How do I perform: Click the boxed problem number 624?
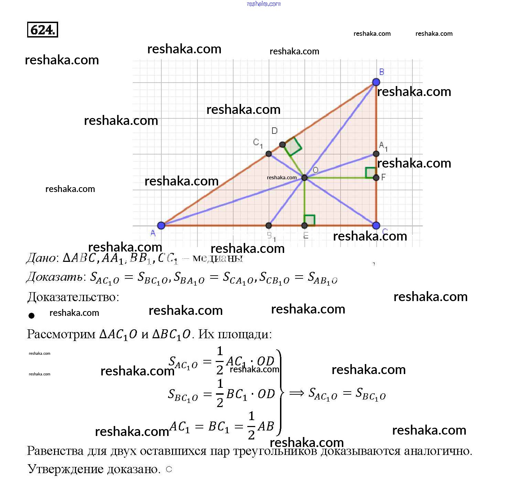click(x=43, y=30)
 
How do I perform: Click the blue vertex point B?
click(x=376, y=82)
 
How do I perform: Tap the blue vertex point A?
click(x=161, y=225)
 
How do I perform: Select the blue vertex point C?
click(x=376, y=225)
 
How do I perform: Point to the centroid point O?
click(x=304, y=178)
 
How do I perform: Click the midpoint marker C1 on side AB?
click(x=269, y=154)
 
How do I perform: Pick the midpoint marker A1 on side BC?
click(x=376, y=154)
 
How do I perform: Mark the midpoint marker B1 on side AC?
click(x=269, y=225)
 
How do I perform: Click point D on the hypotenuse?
click(x=282, y=145)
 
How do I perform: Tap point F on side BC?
click(x=376, y=178)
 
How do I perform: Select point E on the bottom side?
click(x=304, y=225)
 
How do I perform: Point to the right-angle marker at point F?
click(x=370, y=172)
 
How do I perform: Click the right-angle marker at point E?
click(x=310, y=220)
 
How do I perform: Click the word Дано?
click(x=41, y=258)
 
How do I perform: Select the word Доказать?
click(x=55, y=277)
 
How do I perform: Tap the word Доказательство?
click(x=73, y=297)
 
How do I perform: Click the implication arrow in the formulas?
click(x=297, y=393)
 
